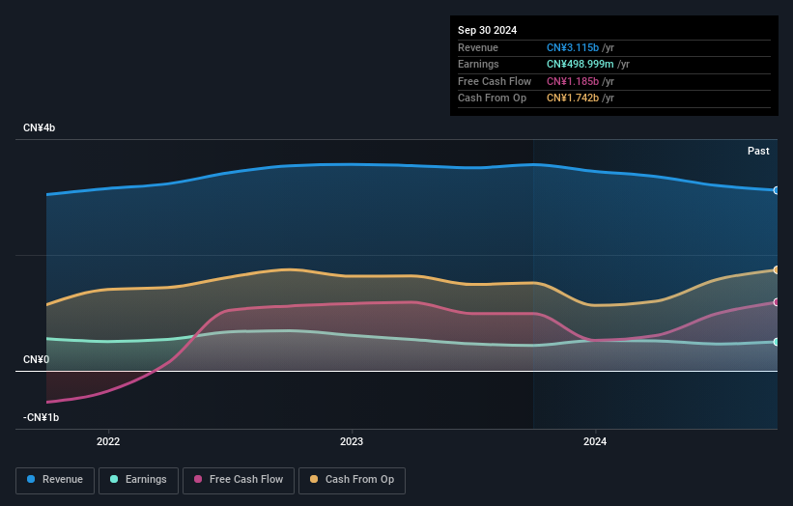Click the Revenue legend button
(55, 480)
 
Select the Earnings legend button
(138, 480)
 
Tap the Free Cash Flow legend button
(238, 480)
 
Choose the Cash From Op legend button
(352, 480)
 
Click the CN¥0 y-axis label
(36, 359)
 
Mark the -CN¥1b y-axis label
(41, 417)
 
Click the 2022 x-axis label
(108, 441)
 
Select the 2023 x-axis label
(352, 441)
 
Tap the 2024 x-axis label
(595, 441)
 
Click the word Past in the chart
(758, 151)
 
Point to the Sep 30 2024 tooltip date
(488, 30)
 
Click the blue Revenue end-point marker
(777, 190)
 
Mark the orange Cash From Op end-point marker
(777, 270)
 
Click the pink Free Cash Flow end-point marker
(777, 302)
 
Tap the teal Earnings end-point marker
(777, 342)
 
